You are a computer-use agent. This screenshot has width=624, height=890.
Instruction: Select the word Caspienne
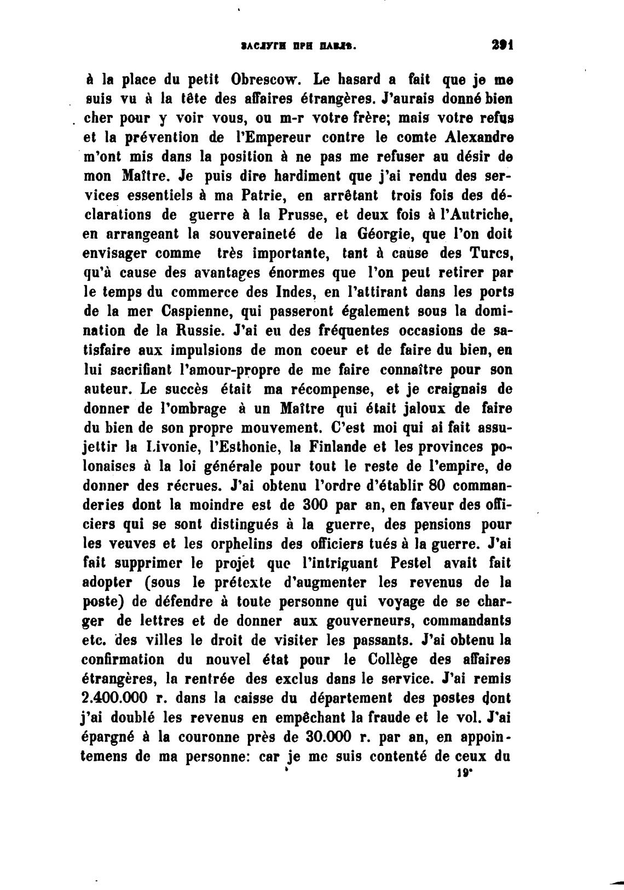(199, 312)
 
